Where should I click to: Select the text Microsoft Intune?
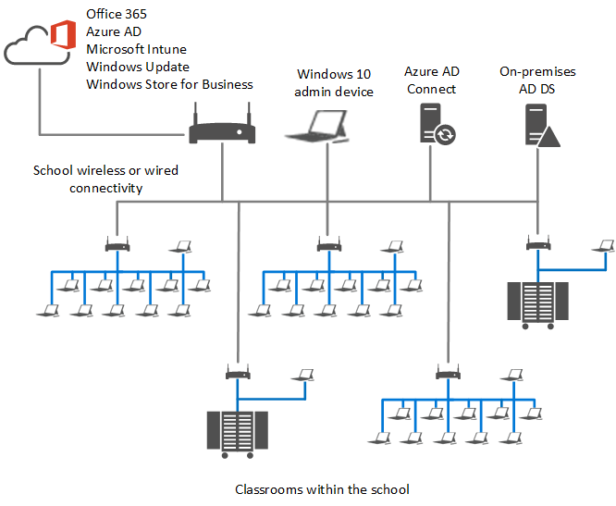point(136,49)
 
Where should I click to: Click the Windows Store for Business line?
point(169,84)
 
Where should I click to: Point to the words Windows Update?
point(138,67)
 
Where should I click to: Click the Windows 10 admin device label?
point(335,82)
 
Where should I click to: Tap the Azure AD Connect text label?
point(431,80)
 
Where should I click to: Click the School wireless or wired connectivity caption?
point(106,179)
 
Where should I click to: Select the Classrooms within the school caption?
point(322,489)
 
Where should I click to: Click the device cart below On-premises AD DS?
point(536,301)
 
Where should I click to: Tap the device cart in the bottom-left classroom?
point(237,431)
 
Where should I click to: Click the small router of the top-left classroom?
point(117,246)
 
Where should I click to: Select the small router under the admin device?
point(328,246)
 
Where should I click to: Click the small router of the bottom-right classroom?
point(449,374)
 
